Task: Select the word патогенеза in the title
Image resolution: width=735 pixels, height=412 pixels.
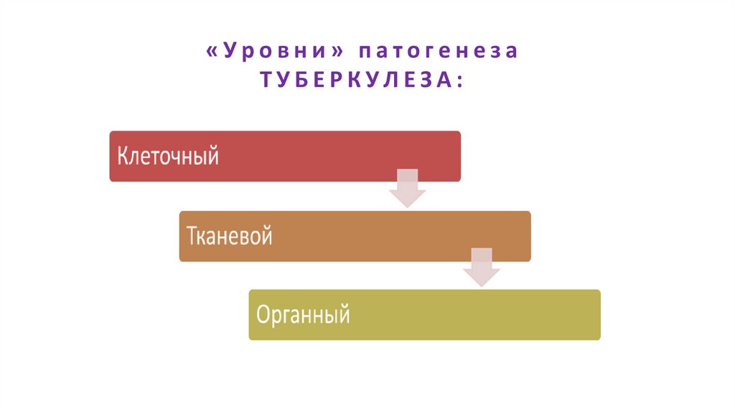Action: click(x=438, y=52)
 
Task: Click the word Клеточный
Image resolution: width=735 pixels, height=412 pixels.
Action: click(x=167, y=156)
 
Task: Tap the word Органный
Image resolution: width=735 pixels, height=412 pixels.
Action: click(x=303, y=314)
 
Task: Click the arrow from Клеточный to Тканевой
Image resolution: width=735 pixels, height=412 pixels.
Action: click(x=408, y=188)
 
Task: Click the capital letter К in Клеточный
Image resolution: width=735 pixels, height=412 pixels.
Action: click(x=122, y=156)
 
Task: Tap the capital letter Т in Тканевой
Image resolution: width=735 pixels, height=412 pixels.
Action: click(x=192, y=236)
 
